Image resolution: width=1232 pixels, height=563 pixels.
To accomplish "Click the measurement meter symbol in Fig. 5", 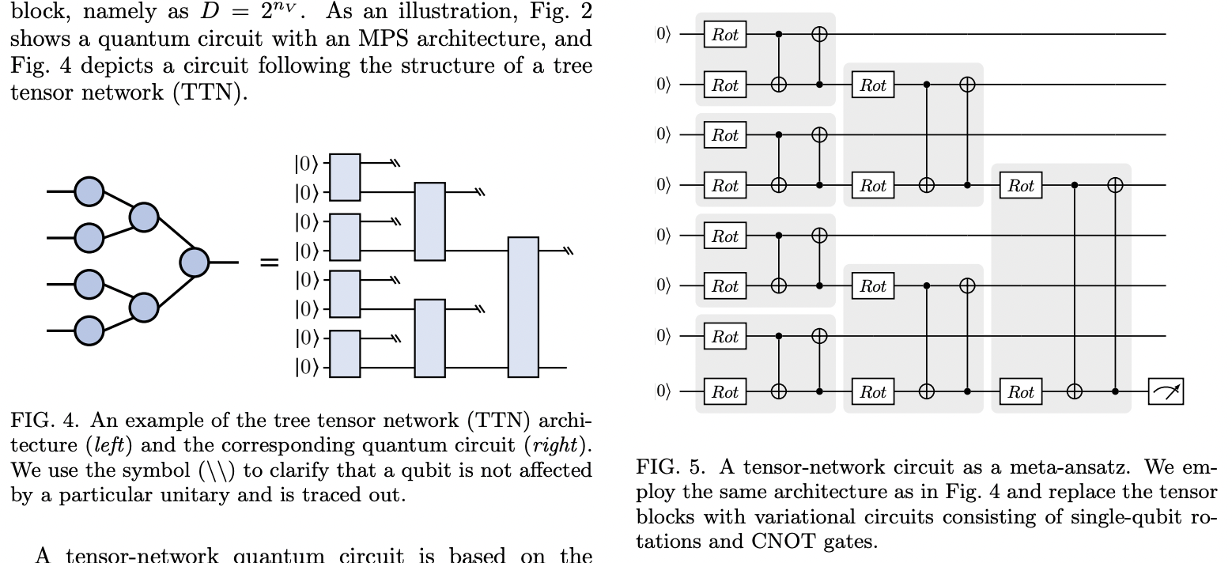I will [1166, 391].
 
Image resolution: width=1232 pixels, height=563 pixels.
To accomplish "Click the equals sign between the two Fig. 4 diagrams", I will [270, 262].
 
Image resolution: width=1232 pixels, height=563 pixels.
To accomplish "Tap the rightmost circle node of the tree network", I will [194, 262].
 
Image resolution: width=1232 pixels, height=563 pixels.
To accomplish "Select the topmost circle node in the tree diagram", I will [89, 191].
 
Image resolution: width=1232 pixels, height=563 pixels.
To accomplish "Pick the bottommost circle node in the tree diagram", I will [89, 331].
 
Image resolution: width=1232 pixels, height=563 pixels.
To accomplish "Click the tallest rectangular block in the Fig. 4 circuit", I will [523, 307].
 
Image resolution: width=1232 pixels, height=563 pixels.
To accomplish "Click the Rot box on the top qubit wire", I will [725, 35].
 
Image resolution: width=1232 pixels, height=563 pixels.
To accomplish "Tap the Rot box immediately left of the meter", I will [1021, 391].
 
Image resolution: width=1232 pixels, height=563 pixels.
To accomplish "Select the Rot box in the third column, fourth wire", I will [1021, 186].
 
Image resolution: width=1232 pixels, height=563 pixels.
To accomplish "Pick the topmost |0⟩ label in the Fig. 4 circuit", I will [307, 164].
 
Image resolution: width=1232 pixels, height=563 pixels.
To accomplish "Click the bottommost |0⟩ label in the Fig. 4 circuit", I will [307, 368].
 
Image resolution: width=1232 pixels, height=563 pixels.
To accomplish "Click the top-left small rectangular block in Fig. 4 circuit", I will [345, 177].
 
